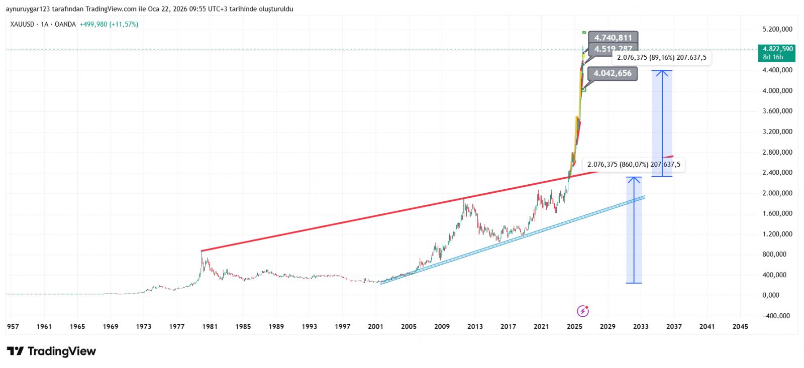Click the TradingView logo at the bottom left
pyautogui.click(x=51, y=351)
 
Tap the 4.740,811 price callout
pyautogui.click(x=613, y=38)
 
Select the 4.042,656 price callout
pyautogui.click(x=612, y=73)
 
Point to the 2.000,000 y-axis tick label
pyautogui.click(x=777, y=193)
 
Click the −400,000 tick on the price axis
pyautogui.click(x=776, y=316)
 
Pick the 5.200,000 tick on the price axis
pyautogui.click(x=777, y=30)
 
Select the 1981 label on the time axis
pyautogui.click(x=210, y=327)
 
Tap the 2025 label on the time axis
pyautogui.click(x=574, y=327)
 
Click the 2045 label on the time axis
pyautogui.click(x=740, y=327)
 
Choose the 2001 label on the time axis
pyautogui.click(x=375, y=327)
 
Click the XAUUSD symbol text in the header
pyautogui.click(x=22, y=24)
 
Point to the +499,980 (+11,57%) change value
pyautogui.click(x=109, y=24)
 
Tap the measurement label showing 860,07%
pyautogui.click(x=634, y=165)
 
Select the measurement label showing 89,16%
pyautogui.click(x=661, y=58)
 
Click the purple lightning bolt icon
pyautogui.click(x=582, y=311)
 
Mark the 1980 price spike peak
pyautogui.click(x=202, y=252)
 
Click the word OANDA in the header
pyautogui.click(x=65, y=24)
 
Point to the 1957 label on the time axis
pyautogui.click(x=13, y=327)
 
